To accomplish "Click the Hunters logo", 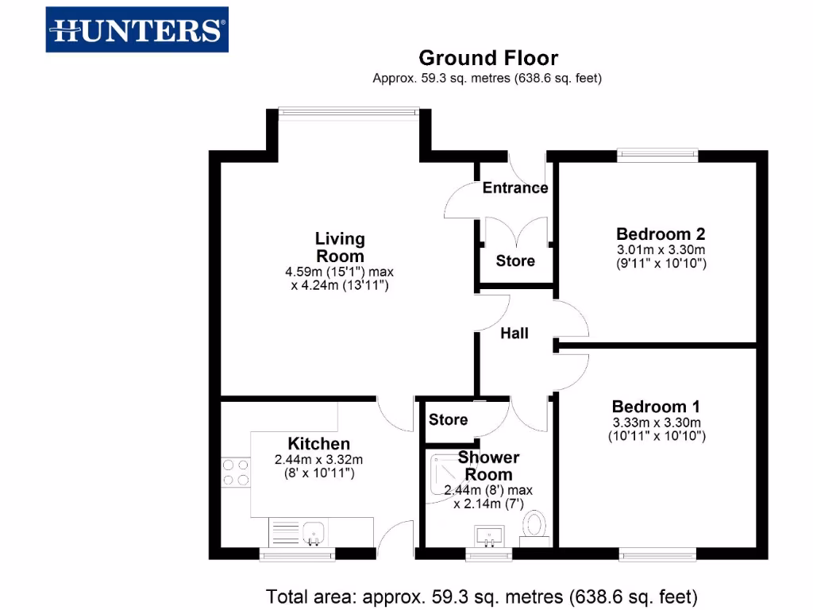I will click(137, 30).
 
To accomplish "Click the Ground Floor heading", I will click(488, 58).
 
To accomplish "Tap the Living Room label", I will click(340, 247).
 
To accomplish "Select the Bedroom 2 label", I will click(661, 234).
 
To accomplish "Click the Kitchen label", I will click(318, 444).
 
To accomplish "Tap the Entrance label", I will click(515, 188).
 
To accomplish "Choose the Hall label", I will click(514, 334).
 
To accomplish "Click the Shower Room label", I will click(488, 466).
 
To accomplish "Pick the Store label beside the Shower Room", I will click(449, 419).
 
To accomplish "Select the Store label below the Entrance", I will click(515, 261).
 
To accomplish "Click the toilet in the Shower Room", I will click(536, 527).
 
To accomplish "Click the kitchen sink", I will click(315, 531).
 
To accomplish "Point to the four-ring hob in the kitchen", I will click(235, 472).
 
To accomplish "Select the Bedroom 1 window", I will click(658, 554).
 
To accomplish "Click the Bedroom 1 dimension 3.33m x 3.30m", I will click(657, 423).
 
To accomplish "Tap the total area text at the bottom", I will click(482, 595).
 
